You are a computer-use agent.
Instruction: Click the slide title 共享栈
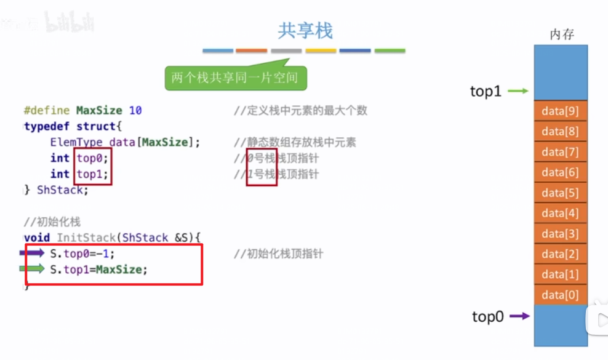(305, 30)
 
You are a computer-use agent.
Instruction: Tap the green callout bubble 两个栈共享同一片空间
(235, 78)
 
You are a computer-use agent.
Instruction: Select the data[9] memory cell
(561, 111)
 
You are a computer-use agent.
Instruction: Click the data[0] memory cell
(561, 295)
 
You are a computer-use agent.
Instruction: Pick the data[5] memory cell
(561, 193)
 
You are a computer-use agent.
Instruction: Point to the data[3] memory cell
(561, 234)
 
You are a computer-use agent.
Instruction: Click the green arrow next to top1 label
(519, 91)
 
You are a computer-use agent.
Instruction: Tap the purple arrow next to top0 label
(520, 316)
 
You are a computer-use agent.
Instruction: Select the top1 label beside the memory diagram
(486, 92)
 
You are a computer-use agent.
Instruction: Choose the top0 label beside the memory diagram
(488, 317)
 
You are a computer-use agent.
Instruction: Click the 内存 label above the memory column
(561, 35)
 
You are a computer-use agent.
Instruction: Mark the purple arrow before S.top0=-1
(32, 253)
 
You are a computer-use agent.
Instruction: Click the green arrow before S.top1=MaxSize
(32, 268)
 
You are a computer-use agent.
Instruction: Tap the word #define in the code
(47, 111)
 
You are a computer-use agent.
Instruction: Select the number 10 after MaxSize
(135, 111)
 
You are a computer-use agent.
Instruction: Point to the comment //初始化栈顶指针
(278, 254)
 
